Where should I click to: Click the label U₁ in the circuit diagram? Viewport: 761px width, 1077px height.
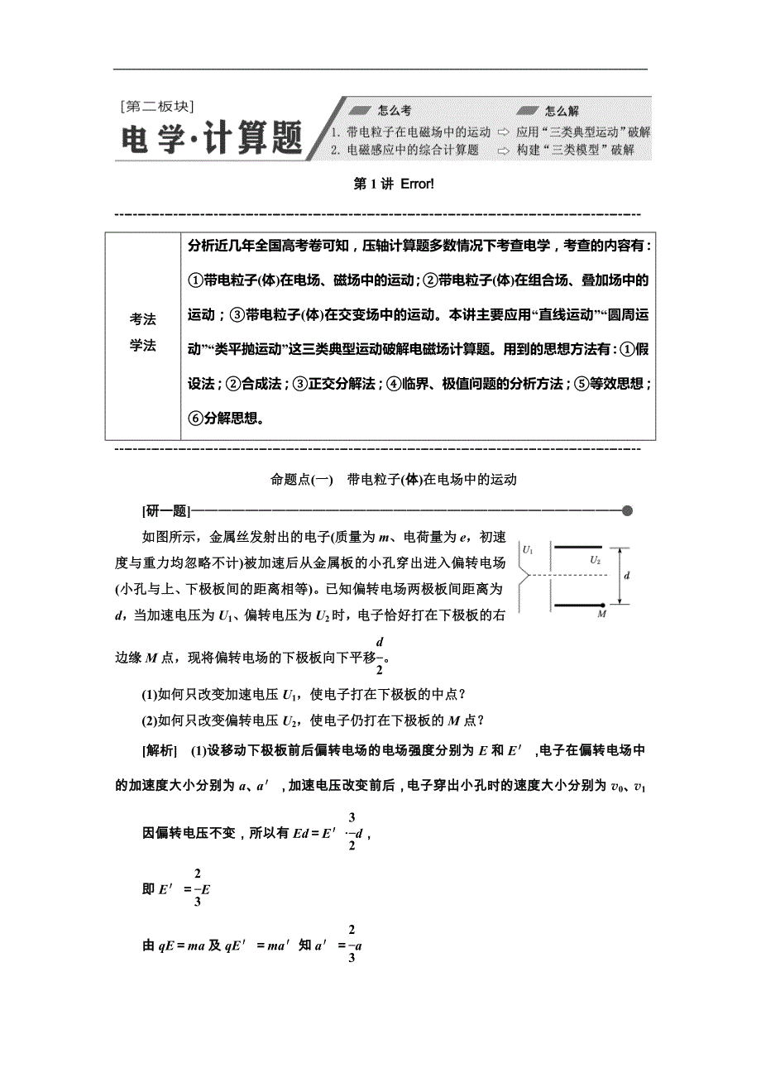[x=528, y=549]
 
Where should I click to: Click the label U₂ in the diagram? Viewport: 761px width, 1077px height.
[x=595, y=560]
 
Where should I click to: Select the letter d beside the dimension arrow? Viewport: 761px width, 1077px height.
[x=626, y=576]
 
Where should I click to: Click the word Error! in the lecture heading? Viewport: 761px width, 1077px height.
[x=417, y=184]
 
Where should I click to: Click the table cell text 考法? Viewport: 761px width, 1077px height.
[x=142, y=320]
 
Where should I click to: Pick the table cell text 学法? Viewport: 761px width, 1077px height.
[x=142, y=346]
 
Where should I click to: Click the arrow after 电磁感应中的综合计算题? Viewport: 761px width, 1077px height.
[x=503, y=150]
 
